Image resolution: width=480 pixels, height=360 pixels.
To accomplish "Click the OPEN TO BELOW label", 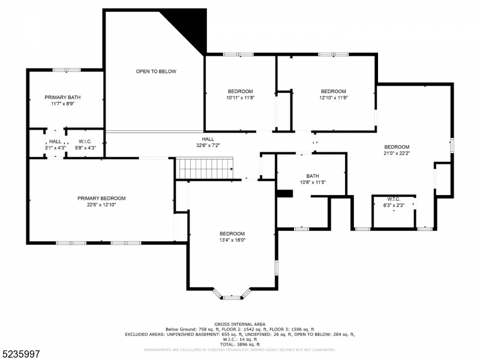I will (x=156, y=71).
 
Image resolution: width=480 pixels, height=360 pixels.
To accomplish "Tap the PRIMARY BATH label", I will (x=62, y=97).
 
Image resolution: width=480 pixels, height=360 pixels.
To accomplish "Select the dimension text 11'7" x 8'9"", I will (x=62, y=103).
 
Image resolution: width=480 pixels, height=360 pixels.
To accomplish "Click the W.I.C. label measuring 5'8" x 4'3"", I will (x=84, y=142).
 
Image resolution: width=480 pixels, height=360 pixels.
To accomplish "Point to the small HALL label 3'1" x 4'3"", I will (x=55, y=142).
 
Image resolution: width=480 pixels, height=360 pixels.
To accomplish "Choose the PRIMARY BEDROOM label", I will (x=101, y=198).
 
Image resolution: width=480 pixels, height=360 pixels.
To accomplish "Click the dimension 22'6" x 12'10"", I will (x=101, y=205).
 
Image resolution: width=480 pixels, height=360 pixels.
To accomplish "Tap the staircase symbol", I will (x=204, y=168).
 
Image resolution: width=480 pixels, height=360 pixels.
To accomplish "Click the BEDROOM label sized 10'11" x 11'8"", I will (x=240, y=91).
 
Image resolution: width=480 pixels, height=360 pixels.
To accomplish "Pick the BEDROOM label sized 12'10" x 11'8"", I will (x=334, y=91).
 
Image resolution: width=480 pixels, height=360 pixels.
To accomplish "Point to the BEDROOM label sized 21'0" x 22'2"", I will (x=397, y=147).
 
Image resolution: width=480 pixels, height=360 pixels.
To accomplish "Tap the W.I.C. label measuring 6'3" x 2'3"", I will (x=394, y=199).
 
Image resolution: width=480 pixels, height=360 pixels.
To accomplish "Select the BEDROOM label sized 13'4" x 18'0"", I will (x=232, y=233).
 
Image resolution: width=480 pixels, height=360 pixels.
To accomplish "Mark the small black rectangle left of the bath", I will (x=284, y=193).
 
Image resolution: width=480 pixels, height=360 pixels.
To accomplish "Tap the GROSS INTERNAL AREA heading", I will (x=240, y=324).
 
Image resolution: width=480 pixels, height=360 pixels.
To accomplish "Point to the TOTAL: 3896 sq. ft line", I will (x=240, y=344).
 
